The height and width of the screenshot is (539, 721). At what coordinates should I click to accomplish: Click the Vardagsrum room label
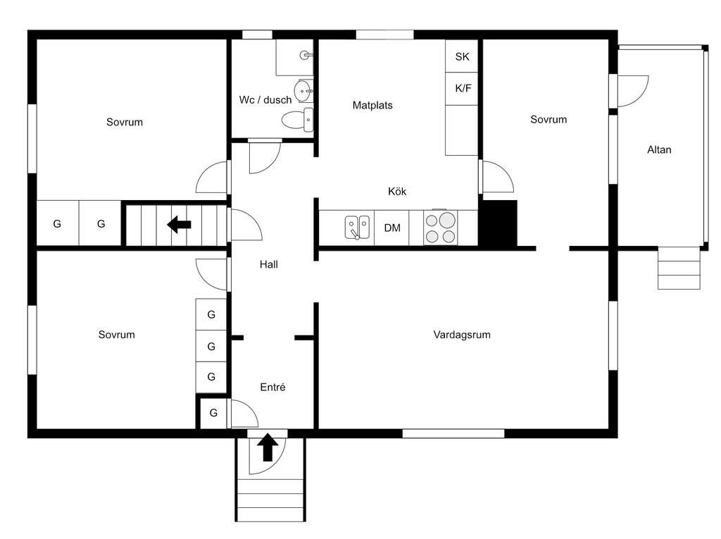click(462, 335)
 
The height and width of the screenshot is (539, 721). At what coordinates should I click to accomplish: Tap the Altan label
click(659, 149)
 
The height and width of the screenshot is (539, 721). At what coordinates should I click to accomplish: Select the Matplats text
click(372, 106)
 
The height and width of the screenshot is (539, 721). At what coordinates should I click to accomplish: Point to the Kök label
click(397, 191)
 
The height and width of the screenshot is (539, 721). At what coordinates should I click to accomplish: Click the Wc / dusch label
click(265, 100)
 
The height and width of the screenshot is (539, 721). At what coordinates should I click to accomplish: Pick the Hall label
click(268, 264)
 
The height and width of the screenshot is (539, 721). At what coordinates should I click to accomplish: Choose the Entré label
click(272, 387)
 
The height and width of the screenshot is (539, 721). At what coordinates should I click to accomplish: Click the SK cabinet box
click(462, 56)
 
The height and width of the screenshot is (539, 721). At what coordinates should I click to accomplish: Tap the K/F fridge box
click(462, 88)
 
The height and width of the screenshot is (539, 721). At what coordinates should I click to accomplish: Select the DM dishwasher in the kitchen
click(391, 228)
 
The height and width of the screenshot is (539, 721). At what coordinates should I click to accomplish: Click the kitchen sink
click(357, 228)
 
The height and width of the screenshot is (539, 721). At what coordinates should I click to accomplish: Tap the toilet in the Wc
click(297, 120)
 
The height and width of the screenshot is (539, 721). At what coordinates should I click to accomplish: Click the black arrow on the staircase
click(180, 225)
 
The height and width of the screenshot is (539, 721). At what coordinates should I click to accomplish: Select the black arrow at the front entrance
click(268, 447)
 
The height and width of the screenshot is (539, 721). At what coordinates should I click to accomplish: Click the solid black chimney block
click(498, 223)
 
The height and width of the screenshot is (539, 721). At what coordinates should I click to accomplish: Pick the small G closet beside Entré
click(213, 413)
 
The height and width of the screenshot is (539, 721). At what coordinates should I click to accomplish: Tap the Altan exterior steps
click(679, 268)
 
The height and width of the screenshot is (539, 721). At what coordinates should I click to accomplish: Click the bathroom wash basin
click(303, 91)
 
